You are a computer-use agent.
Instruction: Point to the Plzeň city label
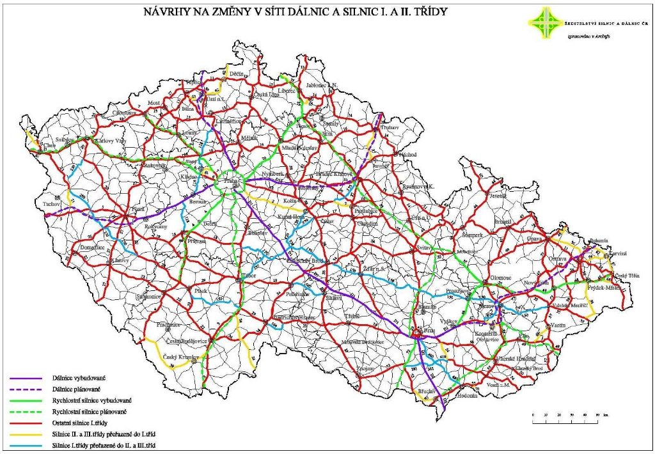139,209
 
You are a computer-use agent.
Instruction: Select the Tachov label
51,203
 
